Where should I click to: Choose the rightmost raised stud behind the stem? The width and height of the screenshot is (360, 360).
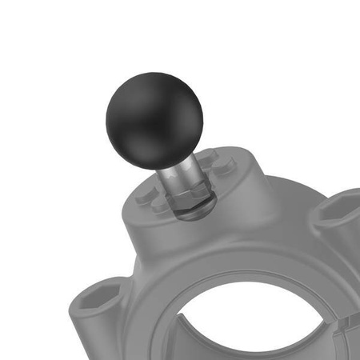[x=232, y=164]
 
